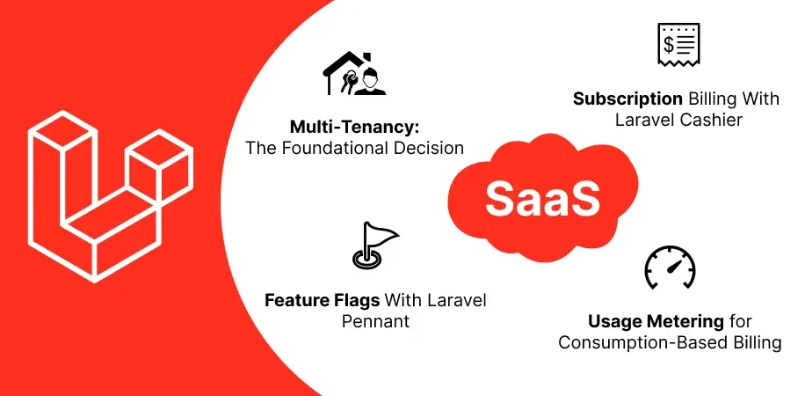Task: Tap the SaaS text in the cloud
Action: click(542, 198)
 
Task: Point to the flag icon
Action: click(373, 246)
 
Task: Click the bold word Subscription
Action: click(627, 98)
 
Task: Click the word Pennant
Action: click(375, 321)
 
